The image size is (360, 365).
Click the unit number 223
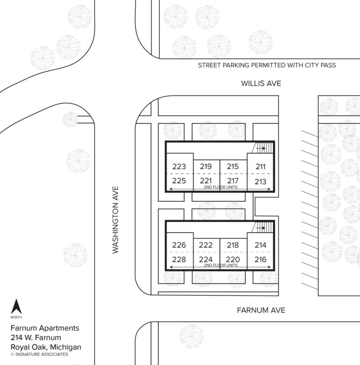tap(179, 167)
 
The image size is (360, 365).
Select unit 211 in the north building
tap(261, 167)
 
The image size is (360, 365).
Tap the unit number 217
tap(232, 181)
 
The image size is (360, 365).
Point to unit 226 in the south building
tap(179, 245)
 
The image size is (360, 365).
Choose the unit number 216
tap(261, 259)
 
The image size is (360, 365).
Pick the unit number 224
tap(205, 259)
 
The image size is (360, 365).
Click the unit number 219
tap(205, 167)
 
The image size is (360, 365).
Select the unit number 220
tap(232, 259)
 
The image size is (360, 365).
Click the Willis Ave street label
tap(261, 84)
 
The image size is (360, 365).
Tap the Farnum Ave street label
tap(261, 310)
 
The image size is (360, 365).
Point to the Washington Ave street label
tap(115, 220)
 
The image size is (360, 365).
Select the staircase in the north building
tap(263, 148)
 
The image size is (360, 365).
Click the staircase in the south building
tap(263, 228)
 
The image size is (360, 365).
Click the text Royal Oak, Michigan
tap(45, 347)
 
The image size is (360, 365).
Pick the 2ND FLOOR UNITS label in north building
tap(220, 187)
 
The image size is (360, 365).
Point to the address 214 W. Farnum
tap(36, 338)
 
